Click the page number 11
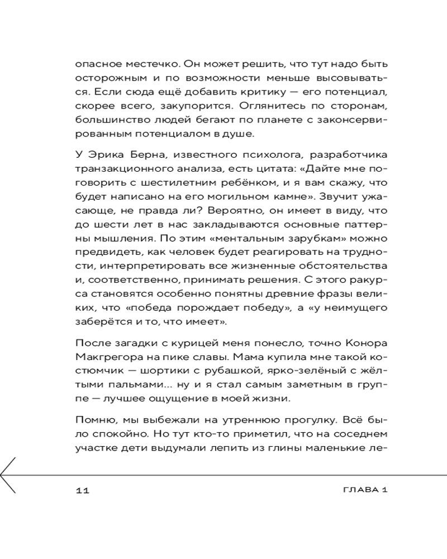click(83, 490)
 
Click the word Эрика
click(103, 154)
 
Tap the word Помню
click(93, 419)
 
